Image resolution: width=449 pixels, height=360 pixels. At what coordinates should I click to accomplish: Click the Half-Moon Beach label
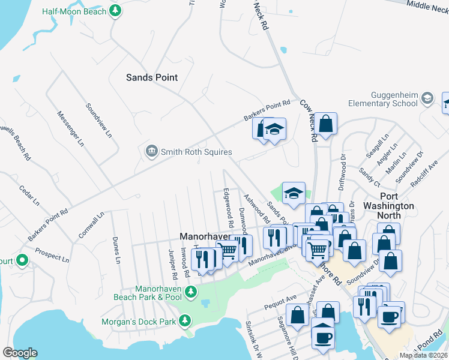[x=74, y=11]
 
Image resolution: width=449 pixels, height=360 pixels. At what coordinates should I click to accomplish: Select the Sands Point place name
[x=152, y=77]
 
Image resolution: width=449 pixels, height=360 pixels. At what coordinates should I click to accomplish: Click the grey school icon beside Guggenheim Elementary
[x=427, y=98]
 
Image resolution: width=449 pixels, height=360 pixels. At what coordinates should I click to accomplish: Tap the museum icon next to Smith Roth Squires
[x=151, y=151]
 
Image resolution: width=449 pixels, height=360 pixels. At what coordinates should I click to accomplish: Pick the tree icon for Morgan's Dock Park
[x=186, y=321]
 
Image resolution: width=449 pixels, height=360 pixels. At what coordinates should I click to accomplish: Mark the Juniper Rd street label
[x=172, y=265]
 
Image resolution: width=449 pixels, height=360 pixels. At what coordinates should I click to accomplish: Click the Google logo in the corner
[x=20, y=353]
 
